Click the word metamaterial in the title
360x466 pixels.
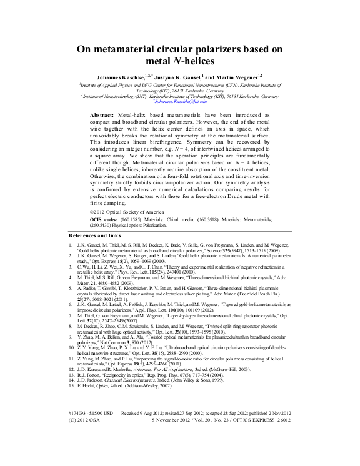(x=138, y=50)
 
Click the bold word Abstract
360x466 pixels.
(x=102, y=116)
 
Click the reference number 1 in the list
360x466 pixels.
(x=72, y=246)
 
